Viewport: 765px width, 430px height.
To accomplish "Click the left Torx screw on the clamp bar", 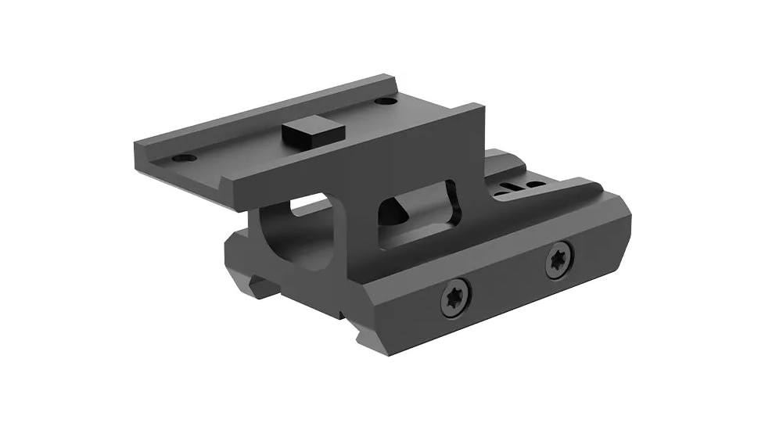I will (456, 295).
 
